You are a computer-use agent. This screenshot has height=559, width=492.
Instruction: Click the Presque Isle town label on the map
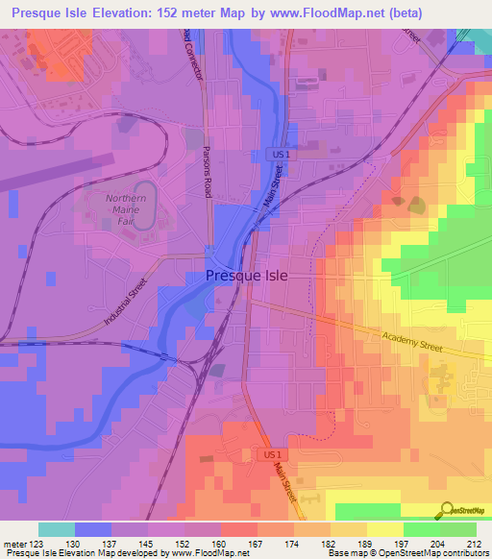[245, 277]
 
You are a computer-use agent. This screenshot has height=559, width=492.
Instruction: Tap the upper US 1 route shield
[276, 155]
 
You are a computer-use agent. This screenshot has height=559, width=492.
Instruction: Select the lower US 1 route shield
[273, 453]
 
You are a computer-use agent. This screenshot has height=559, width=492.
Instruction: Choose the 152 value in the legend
[183, 544]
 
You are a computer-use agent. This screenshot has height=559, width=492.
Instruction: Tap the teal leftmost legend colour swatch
[57, 529]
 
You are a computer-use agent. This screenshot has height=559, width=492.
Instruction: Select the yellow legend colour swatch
[384, 529]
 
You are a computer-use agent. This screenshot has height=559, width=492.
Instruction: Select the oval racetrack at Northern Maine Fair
[143, 206]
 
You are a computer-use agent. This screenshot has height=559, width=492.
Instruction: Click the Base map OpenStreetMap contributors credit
[406, 554]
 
